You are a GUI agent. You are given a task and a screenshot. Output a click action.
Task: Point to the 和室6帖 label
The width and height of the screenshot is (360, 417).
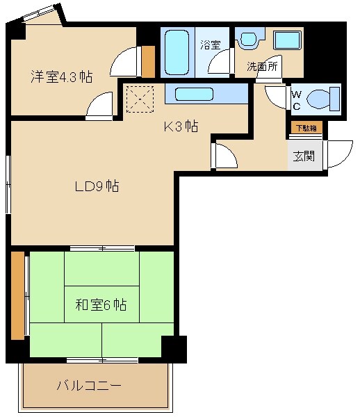click(101, 304)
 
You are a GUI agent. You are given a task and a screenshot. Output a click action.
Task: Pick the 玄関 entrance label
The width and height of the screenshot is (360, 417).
click(303, 156)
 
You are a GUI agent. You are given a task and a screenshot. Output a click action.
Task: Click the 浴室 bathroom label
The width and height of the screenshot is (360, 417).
click(210, 44)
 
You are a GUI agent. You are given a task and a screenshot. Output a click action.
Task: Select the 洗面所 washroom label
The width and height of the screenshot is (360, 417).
click(262, 67)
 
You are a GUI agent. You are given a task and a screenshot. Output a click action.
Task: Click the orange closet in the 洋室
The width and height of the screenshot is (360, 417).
click(148, 62)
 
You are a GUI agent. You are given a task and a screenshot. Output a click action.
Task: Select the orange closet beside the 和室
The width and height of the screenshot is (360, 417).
click(17, 295)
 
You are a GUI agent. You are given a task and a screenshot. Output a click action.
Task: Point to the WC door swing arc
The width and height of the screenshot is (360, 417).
click(276, 97)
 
